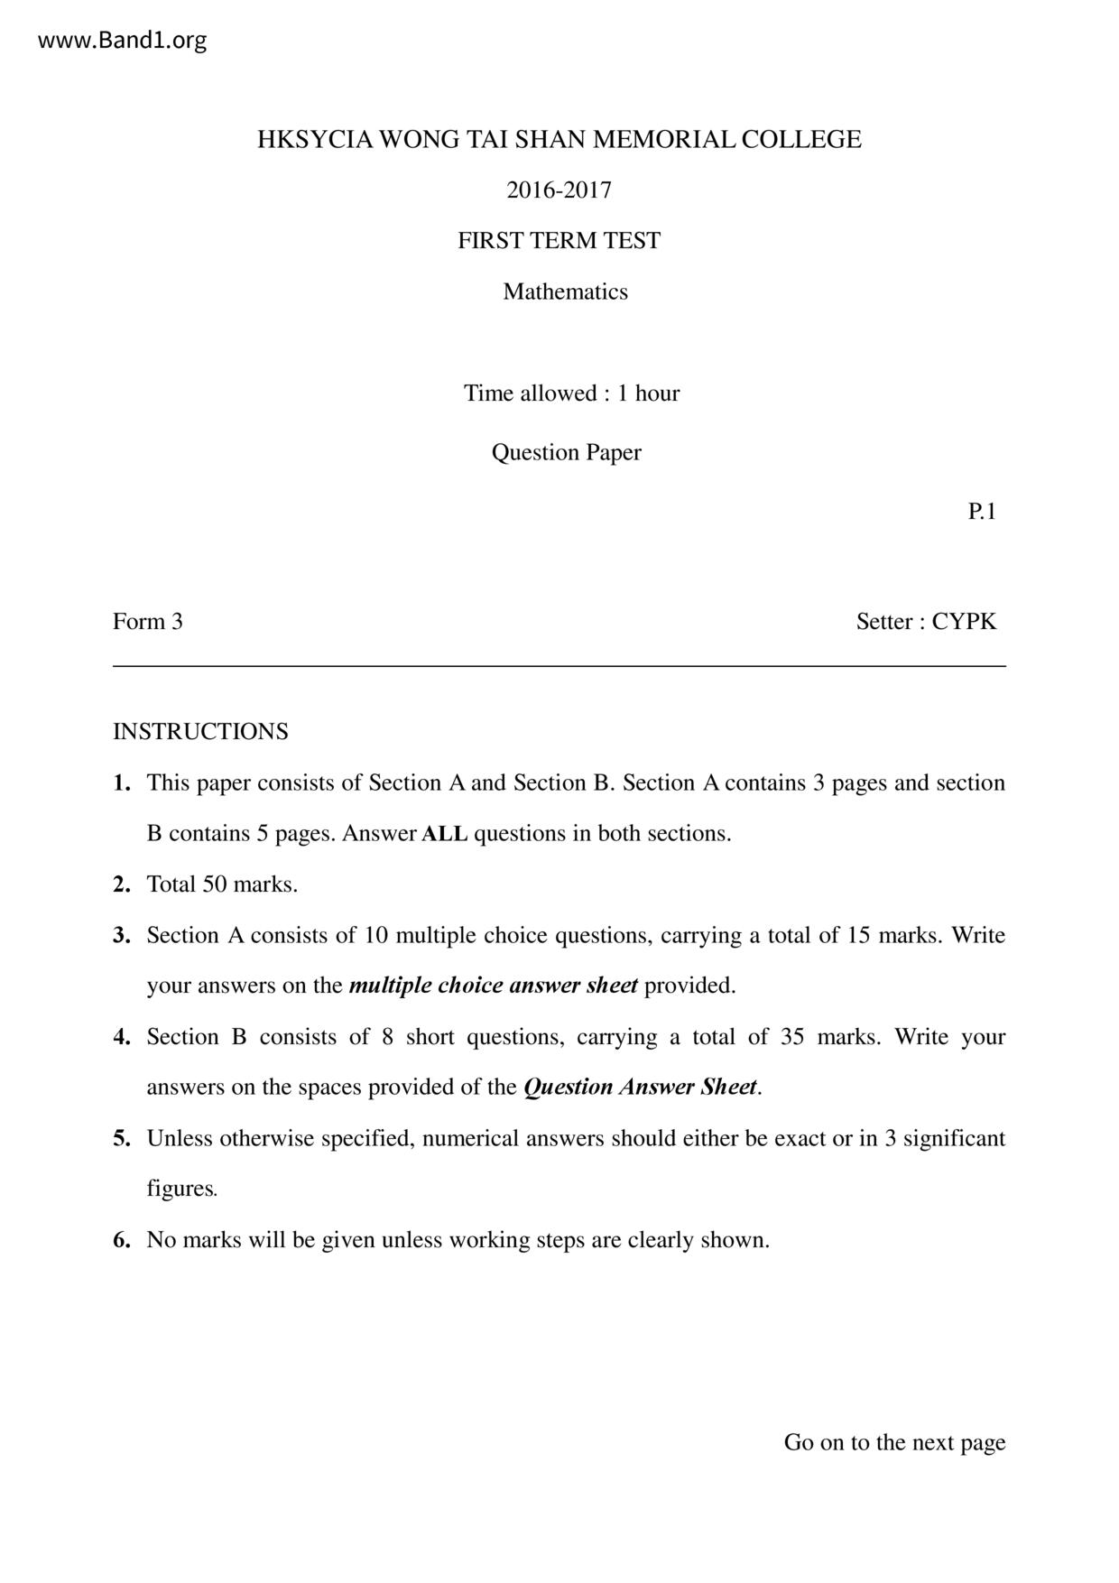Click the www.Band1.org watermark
[x=122, y=41]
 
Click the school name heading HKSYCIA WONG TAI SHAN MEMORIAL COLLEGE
[x=559, y=140]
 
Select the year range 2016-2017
[x=559, y=190]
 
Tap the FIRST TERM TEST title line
[x=559, y=241]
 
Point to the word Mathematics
[x=565, y=292]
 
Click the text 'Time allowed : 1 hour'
[x=571, y=393]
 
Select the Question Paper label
[x=566, y=452]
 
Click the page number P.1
[x=982, y=512]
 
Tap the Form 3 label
[x=147, y=622]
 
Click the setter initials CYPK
[x=964, y=622]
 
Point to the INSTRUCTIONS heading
[x=200, y=732]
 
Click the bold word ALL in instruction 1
[x=444, y=834]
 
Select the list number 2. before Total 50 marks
[x=122, y=884]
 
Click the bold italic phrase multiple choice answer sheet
[x=493, y=986]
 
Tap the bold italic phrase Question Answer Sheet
[x=640, y=1088]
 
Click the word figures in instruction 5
[x=180, y=1189]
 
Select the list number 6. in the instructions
[x=122, y=1240]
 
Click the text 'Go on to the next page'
[x=894, y=1442]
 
